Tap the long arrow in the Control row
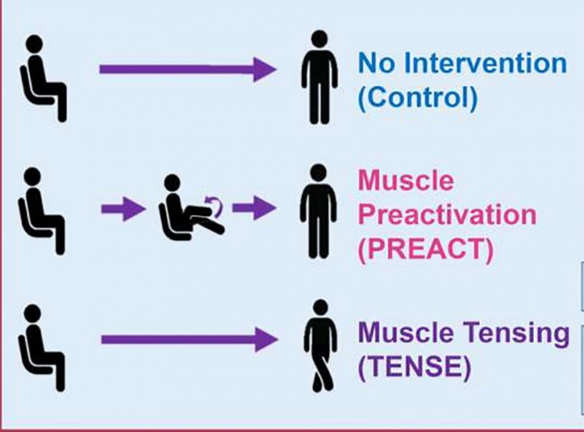(187, 69)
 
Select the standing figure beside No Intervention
(320, 78)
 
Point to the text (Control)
(417, 98)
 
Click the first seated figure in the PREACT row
(40, 211)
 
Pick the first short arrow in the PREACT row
(123, 209)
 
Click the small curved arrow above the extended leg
(215, 206)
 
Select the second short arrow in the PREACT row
(254, 208)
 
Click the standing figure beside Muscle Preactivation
(318, 211)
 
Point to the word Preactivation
(447, 214)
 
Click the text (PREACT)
(426, 249)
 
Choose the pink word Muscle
(406, 180)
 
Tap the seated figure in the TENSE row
(40, 348)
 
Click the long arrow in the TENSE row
(190, 340)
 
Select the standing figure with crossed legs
(320, 346)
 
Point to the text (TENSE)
(414, 367)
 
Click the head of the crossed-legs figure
(320, 307)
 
